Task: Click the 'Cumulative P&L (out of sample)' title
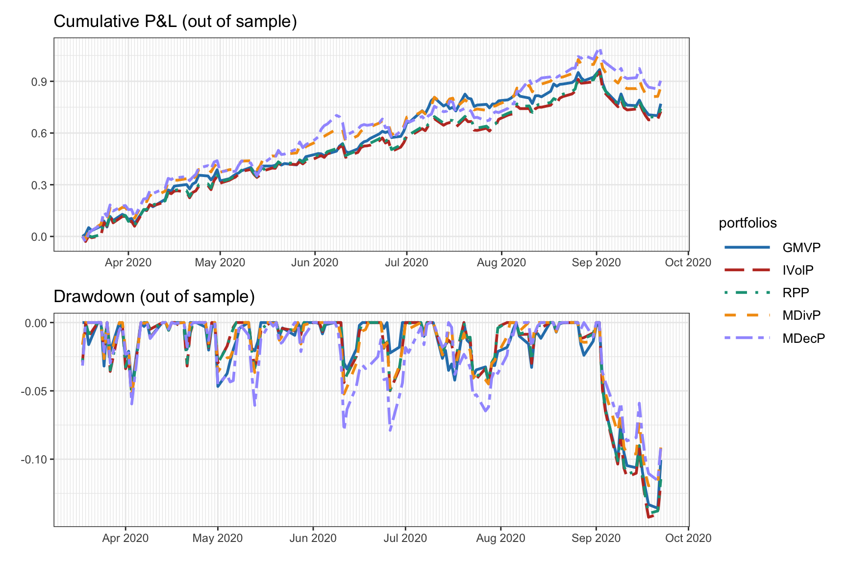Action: pyautogui.click(x=175, y=22)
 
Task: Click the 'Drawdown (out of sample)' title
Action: pyautogui.click(x=154, y=297)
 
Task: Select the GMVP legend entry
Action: pyautogui.click(x=801, y=248)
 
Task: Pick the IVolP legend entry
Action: pyautogui.click(x=798, y=270)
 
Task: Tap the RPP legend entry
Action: pyautogui.click(x=796, y=293)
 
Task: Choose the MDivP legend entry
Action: pyautogui.click(x=801, y=315)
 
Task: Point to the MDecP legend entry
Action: pyautogui.click(x=803, y=338)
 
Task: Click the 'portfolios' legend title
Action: pyautogui.click(x=747, y=223)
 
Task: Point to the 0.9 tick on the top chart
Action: pyautogui.click(x=39, y=81)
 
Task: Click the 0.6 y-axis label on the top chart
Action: pyautogui.click(x=39, y=133)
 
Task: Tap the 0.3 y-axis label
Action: pyautogui.click(x=39, y=185)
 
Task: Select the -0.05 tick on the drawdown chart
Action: pyautogui.click(x=34, y=391)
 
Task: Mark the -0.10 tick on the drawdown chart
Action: pyautogui.click(x=34, y=460)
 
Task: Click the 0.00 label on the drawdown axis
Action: pyautogui.click(x=36, y=323)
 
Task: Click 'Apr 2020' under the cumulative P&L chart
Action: pyautogui.click(x=128, y=262)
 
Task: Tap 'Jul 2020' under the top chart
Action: pyautogui.click(x=406, y=262)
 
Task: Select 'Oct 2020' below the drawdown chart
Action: pyautogui.click(x=688, y=538)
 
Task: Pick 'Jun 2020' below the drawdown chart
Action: pyautogui.click(x=313, y=538)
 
